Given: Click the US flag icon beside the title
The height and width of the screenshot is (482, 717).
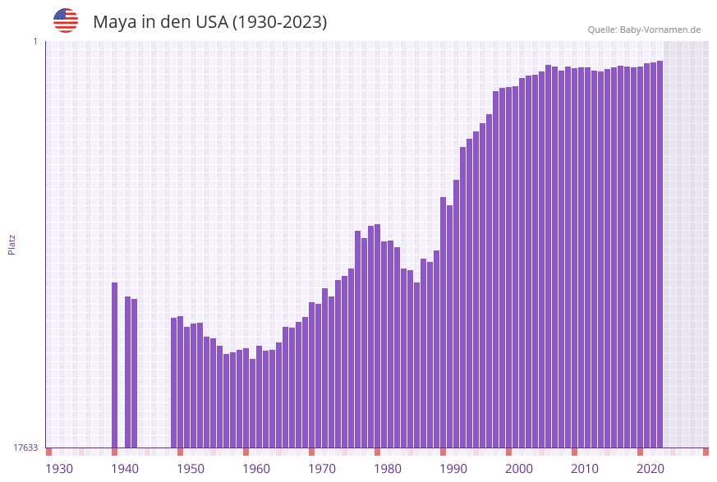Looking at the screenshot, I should (66, 21).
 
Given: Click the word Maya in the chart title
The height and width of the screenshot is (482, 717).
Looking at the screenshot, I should (115, 22).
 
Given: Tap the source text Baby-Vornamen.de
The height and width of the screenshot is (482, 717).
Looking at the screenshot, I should (660, 30).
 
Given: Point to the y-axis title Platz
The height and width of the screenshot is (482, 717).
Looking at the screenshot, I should (12, 244).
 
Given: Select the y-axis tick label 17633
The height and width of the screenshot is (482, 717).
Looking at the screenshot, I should (25, 448).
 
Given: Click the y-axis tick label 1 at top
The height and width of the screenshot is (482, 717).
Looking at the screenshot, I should (35, 41).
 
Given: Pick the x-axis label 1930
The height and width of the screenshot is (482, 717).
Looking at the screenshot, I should (59, 469).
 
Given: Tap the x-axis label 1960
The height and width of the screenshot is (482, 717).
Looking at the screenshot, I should (256, 469).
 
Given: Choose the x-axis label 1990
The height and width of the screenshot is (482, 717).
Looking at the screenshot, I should (453, 469).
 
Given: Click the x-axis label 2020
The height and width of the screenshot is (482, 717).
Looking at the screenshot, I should (650, 469).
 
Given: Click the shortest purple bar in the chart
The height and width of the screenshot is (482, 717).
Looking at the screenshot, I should (253, 403).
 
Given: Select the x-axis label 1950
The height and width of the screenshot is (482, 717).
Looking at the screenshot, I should (191, 469).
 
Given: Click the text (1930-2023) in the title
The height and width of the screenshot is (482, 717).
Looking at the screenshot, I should (279, 22).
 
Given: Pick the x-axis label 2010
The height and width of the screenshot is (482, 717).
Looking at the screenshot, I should (585, 469).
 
